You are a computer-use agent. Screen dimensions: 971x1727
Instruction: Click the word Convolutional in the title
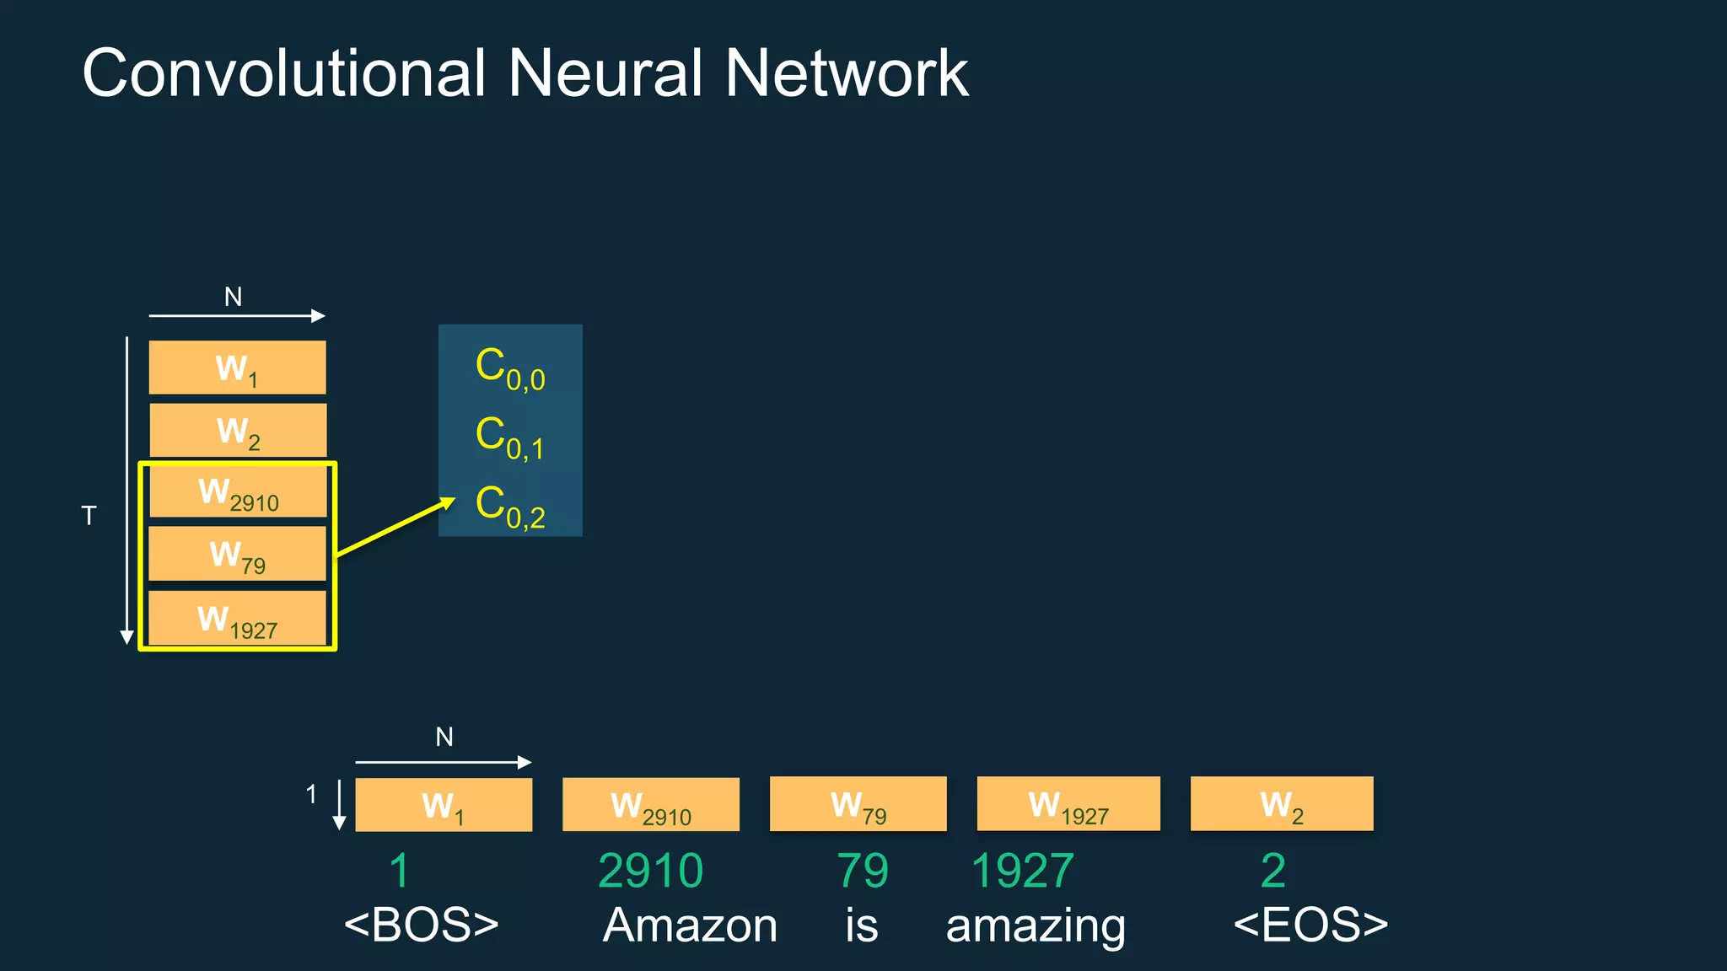pyautogui.click(x=284, y=73)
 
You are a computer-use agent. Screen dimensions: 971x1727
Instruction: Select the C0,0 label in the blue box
pyautogui.click(x=509, y=369)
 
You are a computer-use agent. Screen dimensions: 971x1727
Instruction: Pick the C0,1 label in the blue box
pyautogui.click(x=509, y=437)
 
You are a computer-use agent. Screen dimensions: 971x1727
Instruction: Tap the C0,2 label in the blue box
pyautogui.click(x=509, y=507)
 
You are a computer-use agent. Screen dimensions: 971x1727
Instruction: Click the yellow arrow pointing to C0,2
pyautogui.click(x=395, y=528)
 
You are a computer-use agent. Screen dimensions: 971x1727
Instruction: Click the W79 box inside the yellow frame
pyautogui.click(x=238, y=555)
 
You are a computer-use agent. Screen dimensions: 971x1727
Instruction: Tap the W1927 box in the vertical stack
pyautogui.click(x=238, y=619)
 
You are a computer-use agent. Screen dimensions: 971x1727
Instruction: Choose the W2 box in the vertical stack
pyautogui.click(x=238, y=431)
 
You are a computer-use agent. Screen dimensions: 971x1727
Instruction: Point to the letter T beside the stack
pyautogui.click(x=89, y=516)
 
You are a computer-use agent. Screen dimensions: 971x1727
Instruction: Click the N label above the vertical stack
pyautogui.click(x=233, y=297)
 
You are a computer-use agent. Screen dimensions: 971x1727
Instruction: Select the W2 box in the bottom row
pyautogui.click(x=1281, y=805)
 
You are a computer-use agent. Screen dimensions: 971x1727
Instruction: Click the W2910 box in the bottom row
pyautogui.click(x=651, y=805)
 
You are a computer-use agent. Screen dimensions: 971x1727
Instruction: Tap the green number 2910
pyautogui.click(x=650, y=871)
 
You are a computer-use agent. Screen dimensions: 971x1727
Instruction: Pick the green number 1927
pyautogui.click(x=1022, y=871)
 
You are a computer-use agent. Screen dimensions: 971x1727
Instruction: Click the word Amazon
pyautogui.click(x=690, y=925)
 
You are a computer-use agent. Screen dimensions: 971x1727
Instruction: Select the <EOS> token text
pyautogui.click(x=1310, y=925)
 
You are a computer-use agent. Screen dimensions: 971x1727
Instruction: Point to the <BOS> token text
pyautogui.click(x=421, y=925)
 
